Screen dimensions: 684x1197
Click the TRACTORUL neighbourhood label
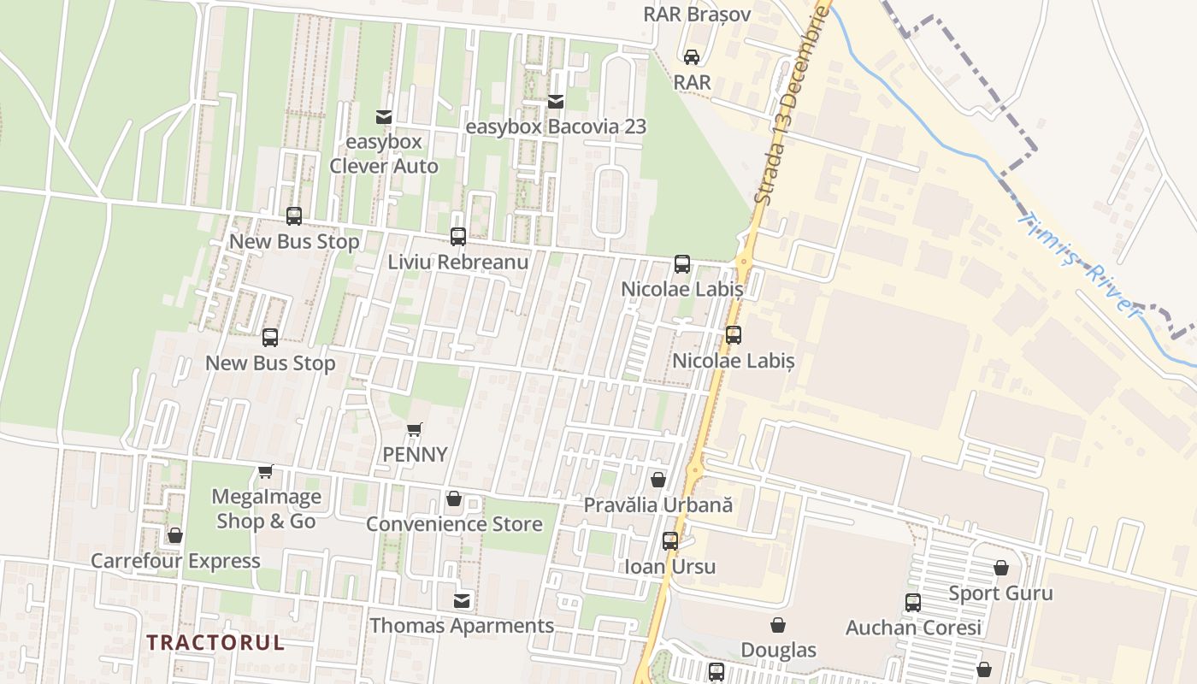215,642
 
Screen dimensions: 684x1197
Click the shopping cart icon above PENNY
415,429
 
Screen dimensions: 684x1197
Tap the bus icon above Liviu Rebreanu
458,237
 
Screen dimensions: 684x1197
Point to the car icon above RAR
692,57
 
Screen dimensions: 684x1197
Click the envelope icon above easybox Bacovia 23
556,102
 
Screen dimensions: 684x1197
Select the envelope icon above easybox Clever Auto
383,117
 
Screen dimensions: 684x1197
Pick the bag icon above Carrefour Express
175,536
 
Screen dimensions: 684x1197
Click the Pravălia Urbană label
657,504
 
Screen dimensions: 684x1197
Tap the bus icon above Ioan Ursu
670,541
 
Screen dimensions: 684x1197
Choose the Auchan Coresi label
913,628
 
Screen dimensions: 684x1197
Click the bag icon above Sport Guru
1001,568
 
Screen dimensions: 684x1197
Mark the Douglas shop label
778,650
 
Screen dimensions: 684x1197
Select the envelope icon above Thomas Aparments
462,600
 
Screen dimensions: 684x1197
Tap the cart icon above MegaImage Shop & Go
266,471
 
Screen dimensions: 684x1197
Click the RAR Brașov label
697,15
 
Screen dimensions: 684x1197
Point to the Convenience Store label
454,524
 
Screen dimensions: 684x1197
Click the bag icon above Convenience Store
454,498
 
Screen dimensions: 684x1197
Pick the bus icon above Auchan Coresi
913,603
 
